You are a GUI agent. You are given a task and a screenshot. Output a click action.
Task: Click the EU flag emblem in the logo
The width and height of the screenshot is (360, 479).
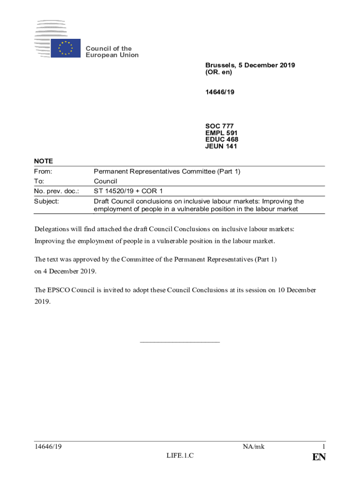(65, 48)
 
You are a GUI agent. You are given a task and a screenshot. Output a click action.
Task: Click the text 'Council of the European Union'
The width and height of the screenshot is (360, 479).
(112, 52)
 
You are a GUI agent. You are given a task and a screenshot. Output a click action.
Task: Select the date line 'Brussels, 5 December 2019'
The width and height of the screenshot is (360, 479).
(250, 65)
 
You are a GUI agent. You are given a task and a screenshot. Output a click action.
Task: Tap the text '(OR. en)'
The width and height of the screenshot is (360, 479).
(218, 73)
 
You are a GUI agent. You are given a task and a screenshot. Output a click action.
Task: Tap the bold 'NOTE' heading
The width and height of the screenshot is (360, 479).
(43, 161)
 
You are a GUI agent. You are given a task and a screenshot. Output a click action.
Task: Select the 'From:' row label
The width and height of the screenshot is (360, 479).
(43, 172)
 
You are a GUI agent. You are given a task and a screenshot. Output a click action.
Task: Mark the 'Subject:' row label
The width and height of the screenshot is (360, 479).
(47, 201)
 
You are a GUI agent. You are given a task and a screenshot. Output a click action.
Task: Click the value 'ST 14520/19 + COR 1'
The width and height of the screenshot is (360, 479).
(128, 191)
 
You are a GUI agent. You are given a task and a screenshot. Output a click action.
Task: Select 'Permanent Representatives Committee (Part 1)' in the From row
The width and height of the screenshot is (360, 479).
(167, 172)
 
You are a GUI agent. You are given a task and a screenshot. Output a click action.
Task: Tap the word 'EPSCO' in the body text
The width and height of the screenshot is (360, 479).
(59, 290)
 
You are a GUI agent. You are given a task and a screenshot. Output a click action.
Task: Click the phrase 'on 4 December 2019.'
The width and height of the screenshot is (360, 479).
(65, 271)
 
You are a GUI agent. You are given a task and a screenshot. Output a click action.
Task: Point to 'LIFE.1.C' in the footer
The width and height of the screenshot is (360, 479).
(180, 456)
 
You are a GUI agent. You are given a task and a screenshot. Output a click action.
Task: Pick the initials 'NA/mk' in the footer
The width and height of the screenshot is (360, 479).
(253, 447)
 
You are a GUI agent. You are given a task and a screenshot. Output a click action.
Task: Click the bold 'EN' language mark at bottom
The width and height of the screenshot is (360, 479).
(319, 457)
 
